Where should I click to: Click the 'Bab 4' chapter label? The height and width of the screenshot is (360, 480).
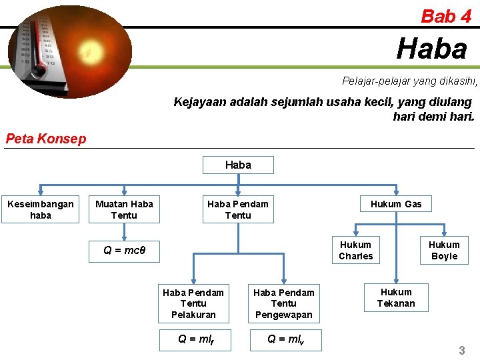[446, 16]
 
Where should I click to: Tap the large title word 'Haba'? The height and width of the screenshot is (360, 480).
[432, 48]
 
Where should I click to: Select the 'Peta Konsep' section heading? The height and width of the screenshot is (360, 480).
[46, 139]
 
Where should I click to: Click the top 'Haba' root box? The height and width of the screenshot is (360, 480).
[238, 165]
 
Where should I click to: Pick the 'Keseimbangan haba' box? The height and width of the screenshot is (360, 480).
[41, 209]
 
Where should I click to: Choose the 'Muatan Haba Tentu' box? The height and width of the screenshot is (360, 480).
[124, 209]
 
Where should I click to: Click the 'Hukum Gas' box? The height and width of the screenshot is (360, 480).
[396, 204]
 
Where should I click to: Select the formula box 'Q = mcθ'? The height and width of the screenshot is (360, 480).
[125, 251]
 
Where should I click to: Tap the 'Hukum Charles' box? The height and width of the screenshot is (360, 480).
[356, 250]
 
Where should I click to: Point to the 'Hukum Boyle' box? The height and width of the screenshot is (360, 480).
[444, 250]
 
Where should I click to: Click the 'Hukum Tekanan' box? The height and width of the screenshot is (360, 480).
[396, 297]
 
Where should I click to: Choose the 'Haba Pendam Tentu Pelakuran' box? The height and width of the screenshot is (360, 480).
[193, 303]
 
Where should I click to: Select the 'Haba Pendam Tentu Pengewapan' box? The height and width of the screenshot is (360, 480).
[284, 303]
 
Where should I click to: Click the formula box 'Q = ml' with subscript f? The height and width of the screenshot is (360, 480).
[193, 339]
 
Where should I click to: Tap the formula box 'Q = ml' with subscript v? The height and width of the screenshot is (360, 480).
[284, 339]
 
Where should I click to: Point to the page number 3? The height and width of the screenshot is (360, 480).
[462, 350]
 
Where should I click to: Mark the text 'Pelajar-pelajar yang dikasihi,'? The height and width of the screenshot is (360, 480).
[409, 81]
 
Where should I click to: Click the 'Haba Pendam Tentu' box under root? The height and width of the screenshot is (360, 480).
[238, 209]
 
